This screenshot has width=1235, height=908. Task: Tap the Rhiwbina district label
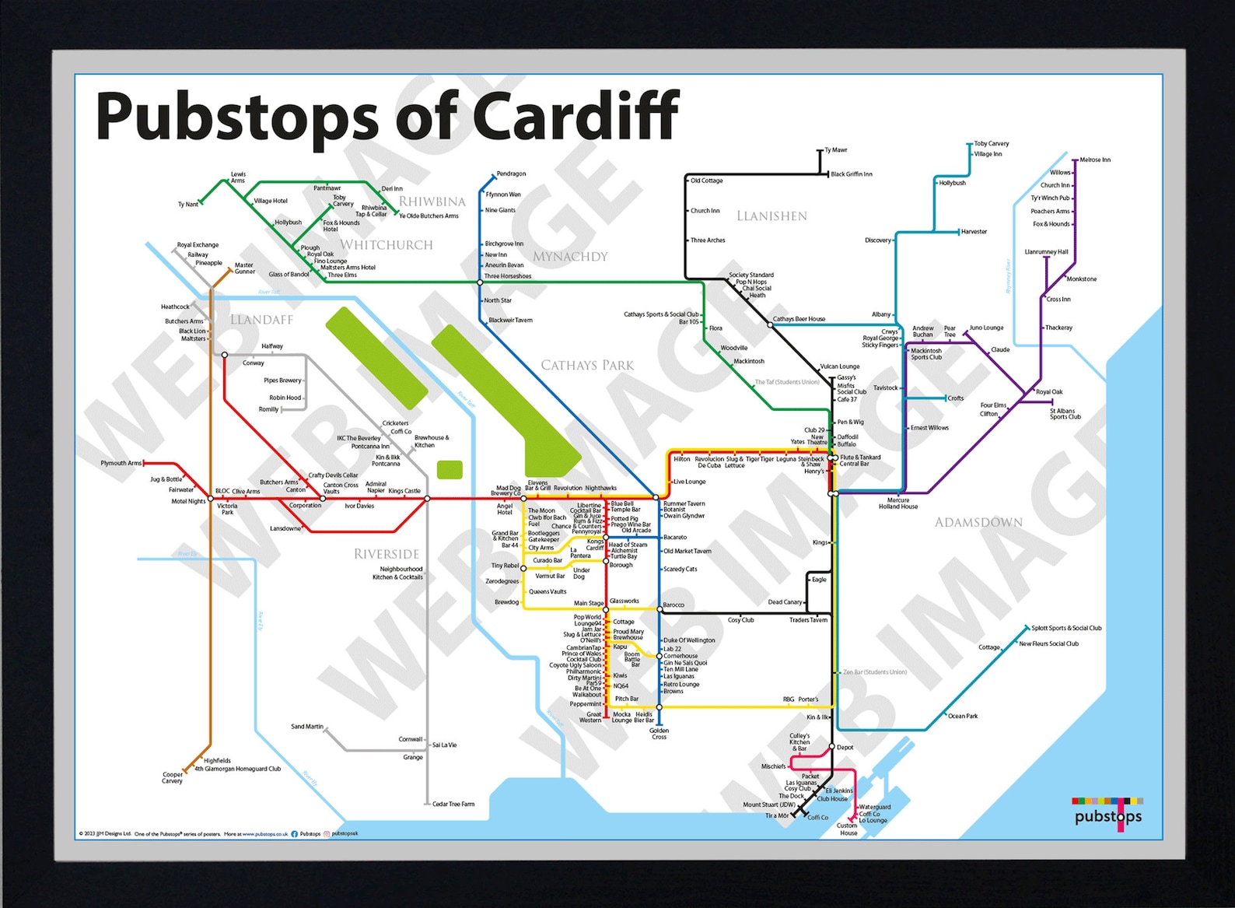[x=432, y=202]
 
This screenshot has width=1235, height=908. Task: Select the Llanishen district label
[x=771, y=216]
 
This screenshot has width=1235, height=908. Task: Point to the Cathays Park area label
[x=587, y=365]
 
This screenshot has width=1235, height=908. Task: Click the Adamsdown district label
[x=978, y=522]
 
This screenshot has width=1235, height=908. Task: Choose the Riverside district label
[x=387, y=554]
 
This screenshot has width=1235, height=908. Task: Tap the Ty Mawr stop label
[x=836, y=150]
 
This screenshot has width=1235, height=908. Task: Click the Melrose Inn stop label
[x=1095, y=160]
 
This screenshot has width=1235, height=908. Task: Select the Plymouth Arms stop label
[x=121, y=463]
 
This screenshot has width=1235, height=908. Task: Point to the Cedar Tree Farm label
[x=453, y=804]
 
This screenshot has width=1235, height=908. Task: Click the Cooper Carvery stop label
[x=173, y=777]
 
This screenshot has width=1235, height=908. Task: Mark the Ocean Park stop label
[x=963, y=716]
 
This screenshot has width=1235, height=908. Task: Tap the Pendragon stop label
[x=511, y=174]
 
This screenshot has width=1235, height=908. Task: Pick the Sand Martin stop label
[x=307, y=727]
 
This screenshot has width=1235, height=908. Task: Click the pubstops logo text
[x=1108, y=816]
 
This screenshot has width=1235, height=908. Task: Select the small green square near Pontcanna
[x=450, y=469]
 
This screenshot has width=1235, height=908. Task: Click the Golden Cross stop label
[x=659, y=734]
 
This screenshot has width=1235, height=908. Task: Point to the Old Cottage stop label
[x=707, y=181]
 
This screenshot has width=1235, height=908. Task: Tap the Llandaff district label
[x=261, y=320]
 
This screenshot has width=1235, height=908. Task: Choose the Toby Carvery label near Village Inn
[x=992, y=143]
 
